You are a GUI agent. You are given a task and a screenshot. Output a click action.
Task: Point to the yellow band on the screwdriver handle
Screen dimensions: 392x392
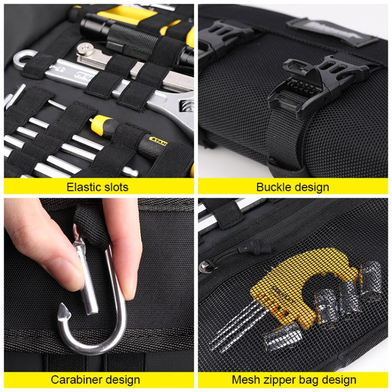pyautogui.click(x=100, y=124)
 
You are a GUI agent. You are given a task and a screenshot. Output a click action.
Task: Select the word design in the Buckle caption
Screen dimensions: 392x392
pyautogui.click(x=312, y=187)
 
